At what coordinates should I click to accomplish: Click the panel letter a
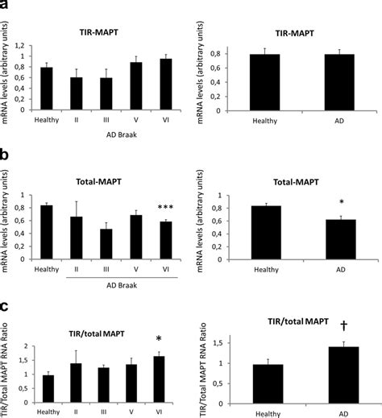tap(6, 6)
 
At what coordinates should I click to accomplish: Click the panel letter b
tap(6, 150)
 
